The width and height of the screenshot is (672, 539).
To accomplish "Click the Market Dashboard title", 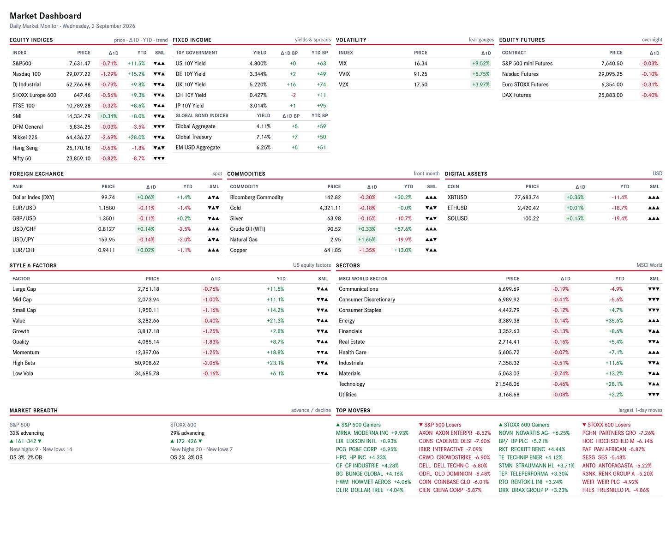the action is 45,16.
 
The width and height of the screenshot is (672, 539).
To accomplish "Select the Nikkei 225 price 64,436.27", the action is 78,137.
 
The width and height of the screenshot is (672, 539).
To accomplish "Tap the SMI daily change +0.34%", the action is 108,116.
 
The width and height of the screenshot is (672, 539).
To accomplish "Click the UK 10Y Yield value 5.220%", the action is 258,84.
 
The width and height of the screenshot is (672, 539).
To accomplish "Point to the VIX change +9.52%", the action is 480,63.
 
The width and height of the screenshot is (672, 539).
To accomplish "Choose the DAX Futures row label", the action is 516,95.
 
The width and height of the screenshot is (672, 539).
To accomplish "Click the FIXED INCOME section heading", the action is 192,40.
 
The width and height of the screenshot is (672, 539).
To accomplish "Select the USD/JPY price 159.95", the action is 107,240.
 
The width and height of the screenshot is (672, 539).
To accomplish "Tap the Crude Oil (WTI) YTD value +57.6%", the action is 403,229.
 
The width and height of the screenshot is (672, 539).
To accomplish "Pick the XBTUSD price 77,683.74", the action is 527,198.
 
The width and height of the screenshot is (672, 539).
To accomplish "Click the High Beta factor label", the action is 24,363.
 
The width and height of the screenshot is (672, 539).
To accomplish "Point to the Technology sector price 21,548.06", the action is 507,384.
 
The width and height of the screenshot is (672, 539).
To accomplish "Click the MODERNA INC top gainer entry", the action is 372,433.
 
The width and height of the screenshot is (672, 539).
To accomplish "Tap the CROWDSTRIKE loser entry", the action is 454,457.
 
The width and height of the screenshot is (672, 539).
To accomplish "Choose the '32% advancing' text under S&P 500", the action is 27,433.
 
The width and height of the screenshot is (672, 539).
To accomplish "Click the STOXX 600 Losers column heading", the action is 606,425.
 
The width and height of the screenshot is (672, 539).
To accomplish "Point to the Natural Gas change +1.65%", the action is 366,240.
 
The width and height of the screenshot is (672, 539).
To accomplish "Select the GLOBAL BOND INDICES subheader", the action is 202,115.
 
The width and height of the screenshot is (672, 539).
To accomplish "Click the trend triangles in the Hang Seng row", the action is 159,148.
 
